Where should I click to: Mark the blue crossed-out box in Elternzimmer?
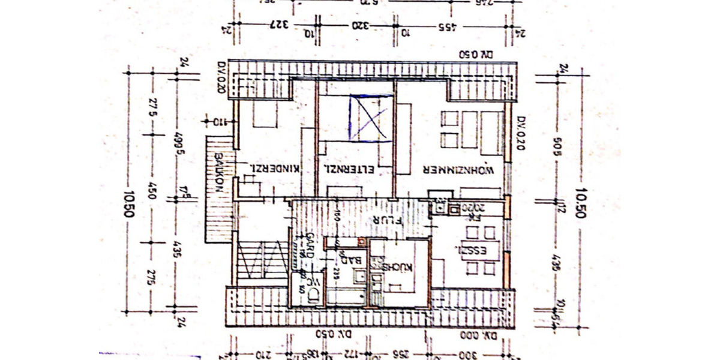click(x=368, y=117)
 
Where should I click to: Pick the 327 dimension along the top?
click(x=278, y=25)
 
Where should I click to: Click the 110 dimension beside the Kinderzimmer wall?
click(x=220, y=122)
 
